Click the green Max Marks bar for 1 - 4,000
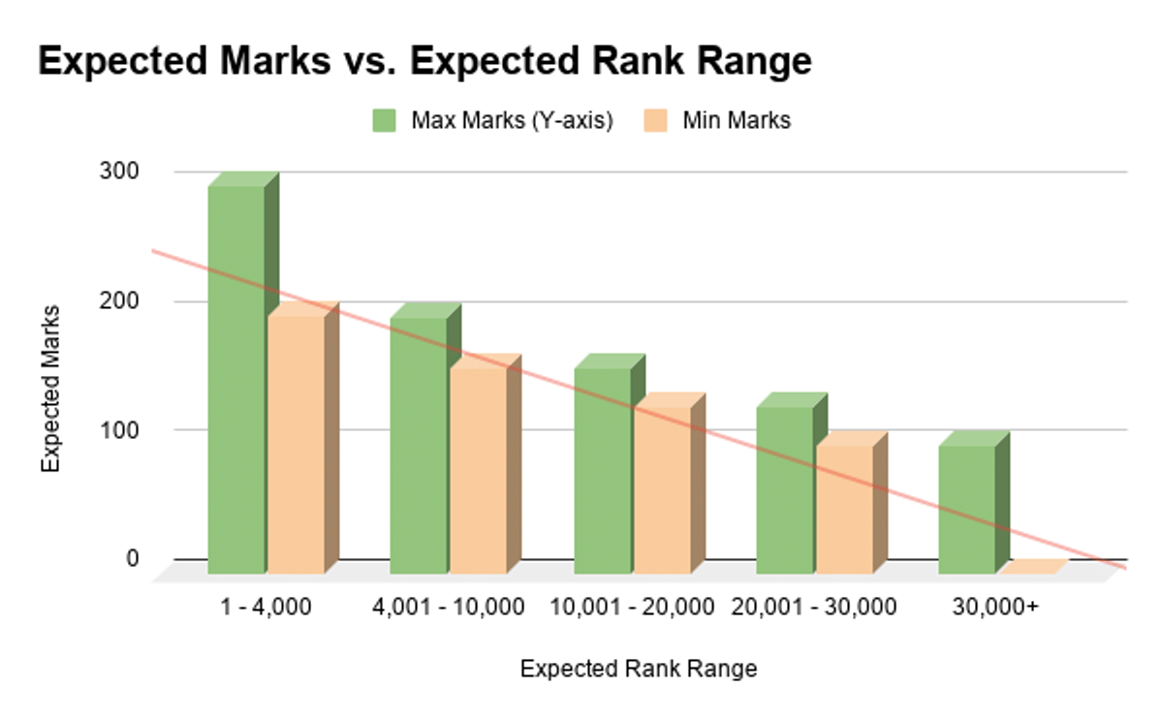[x=236, y=378]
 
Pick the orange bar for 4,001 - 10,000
[x=479, y=470]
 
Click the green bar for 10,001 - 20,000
[x=603, y=470]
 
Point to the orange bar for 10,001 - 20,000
[x=663, y=489]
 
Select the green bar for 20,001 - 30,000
[x=785, y=489]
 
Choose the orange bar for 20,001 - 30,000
[x=845, y=509]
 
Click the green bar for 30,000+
[x=967, y=509]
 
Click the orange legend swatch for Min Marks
[x=654, y=120]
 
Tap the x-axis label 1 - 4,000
[x=267, y=608]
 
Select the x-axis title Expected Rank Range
[x=638, y=669]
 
